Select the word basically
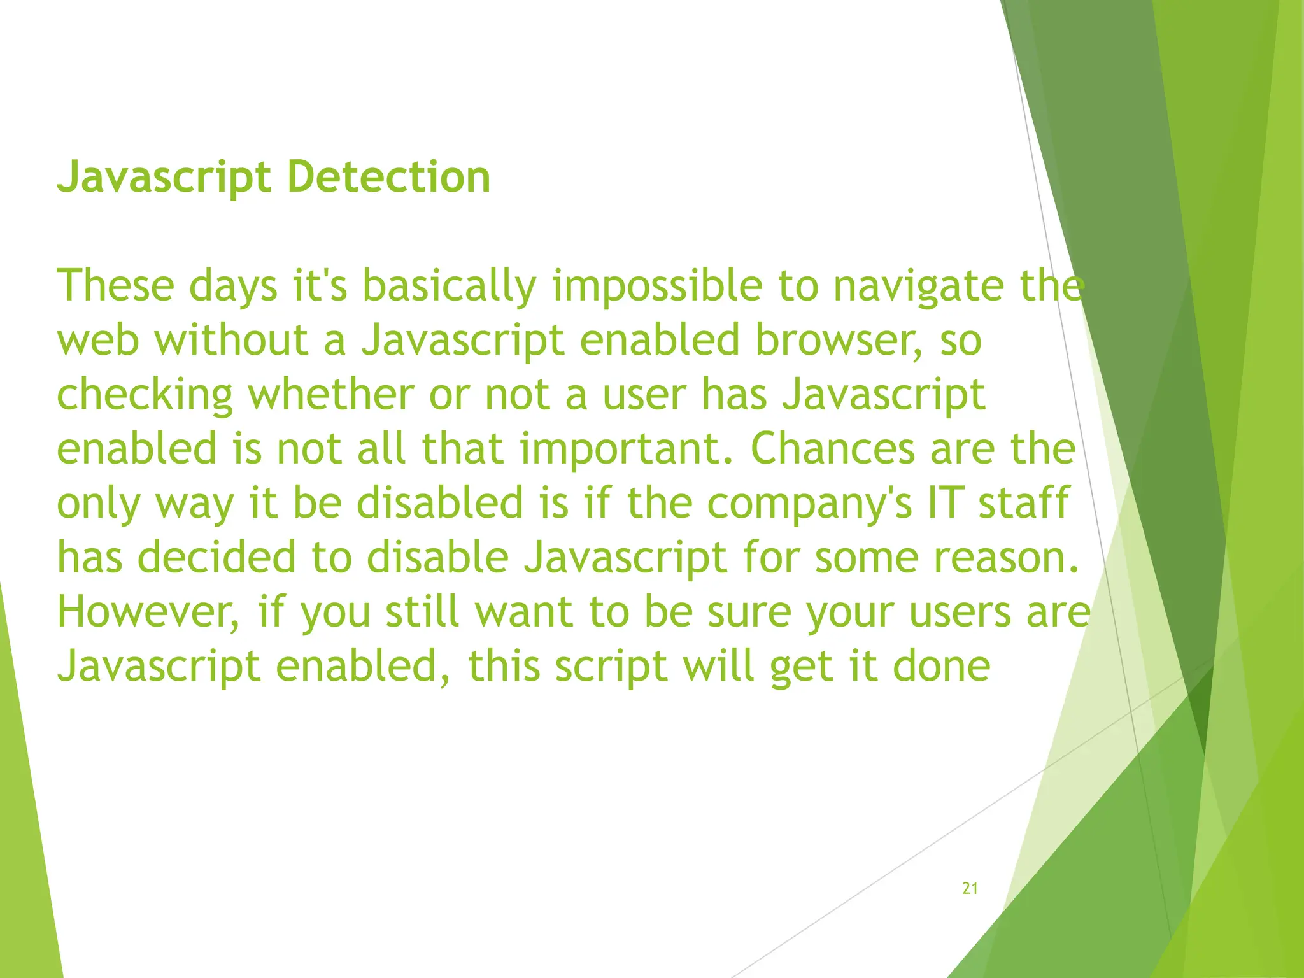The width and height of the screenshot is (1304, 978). click(450, 288)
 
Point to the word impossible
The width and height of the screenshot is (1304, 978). click(657, 288)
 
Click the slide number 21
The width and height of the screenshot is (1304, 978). click(970, 888)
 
